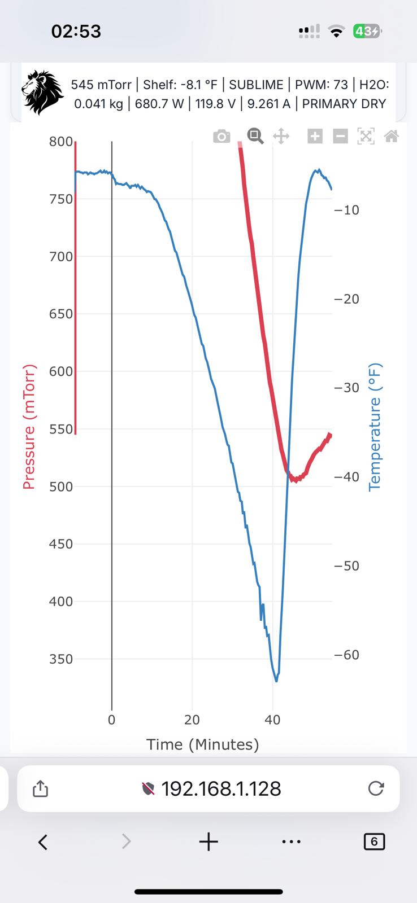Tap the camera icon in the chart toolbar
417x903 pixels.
click(221, 137)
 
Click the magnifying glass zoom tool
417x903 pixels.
click(255, 136)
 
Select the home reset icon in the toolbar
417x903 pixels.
click(392, 136)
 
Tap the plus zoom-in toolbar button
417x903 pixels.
click(315, 136)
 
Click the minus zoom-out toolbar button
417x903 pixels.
click(340, 136)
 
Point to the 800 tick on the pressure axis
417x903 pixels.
click(61, 142)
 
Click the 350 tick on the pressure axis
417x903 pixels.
click(61, 659)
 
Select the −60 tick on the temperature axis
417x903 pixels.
click(347, 655)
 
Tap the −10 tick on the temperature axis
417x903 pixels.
click(347, 210)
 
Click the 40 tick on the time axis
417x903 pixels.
click(272, 720)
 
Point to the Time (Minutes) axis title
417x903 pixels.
click(203, 744)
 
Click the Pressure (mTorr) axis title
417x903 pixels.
click(29, 427)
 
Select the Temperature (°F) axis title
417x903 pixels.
click(375, 427)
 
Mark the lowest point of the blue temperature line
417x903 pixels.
click(276, 681)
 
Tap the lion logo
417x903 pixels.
click(42, 93)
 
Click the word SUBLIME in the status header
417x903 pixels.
click(256, 85)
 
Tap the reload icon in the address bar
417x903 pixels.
click(376, 788)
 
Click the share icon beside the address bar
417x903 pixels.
click(40, 788)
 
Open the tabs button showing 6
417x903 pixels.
click(374, 841)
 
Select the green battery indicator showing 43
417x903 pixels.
click(366, 31)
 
